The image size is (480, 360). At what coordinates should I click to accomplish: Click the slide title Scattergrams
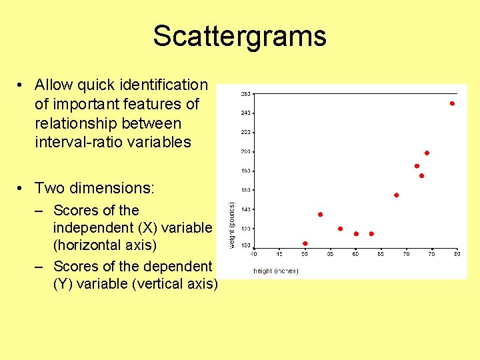coord(239,36)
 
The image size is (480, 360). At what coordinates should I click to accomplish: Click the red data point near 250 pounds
coord(452,103)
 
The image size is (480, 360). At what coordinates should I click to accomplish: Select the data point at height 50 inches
coord(305,243)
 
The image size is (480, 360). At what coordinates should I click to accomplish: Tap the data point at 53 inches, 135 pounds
coord(320,215)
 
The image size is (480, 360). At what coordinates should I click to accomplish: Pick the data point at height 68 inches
coord(396,195)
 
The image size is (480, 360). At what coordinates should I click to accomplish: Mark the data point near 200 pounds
coord(427,153)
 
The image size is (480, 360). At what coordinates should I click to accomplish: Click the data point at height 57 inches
coord(340,229)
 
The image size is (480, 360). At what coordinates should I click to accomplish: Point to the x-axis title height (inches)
coord(275,271)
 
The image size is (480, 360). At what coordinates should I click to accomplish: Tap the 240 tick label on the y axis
coord(245,113)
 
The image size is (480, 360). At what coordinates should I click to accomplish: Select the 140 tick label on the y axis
coord(245,209)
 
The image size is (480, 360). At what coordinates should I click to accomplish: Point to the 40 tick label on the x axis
coord(253,254)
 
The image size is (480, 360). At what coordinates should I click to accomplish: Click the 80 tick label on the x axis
coord(457,254)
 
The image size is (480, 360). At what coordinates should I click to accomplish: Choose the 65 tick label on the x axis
coord(381,254)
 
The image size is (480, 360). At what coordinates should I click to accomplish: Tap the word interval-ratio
coord(79,142)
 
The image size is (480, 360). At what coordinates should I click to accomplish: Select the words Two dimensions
coord(94,188)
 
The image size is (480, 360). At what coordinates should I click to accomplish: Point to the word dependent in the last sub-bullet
coord(177,266)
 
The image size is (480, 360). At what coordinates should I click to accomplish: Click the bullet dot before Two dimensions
coord(22,189)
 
